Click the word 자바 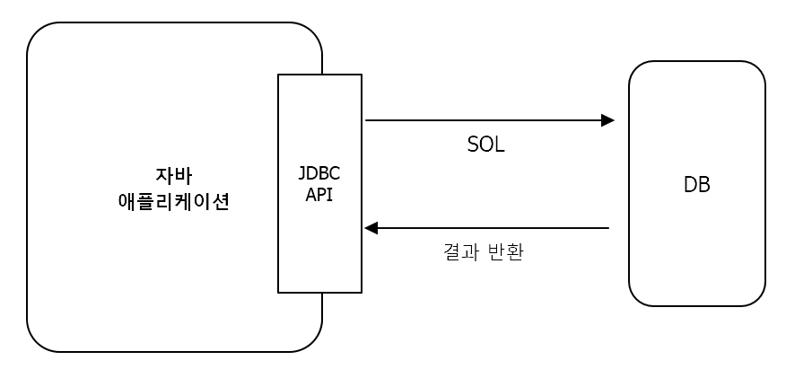(x=173, y=176)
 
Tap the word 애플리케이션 (x=173, y=201)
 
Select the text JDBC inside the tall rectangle (x=319, y=173)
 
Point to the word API (x=319, y=194)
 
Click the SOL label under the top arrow (x=485, y=145)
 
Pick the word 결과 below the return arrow (x=459, y=252)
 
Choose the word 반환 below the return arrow (x=505, y=252)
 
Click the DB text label (x=696, y=185)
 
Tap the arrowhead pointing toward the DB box (x=607, y=120)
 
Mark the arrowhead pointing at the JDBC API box (x=371, y=228)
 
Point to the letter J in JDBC (x=302, y=173)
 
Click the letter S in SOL (x=473, y=145)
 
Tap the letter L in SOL (x=500, y=145)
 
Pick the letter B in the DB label (x=704, y=185)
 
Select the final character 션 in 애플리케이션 (x=221, y=201)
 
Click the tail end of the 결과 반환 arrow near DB (x=607, y=228)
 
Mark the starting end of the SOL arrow (x=368, y=120)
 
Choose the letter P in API (x=320, y=194)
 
